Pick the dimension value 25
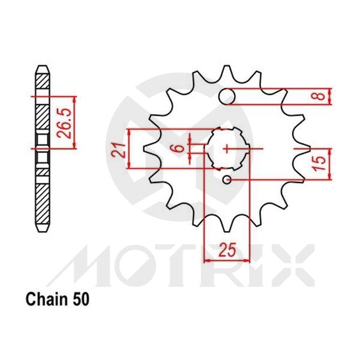point(226,247)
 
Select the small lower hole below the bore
point(227,179)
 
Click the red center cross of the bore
point(227,148)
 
